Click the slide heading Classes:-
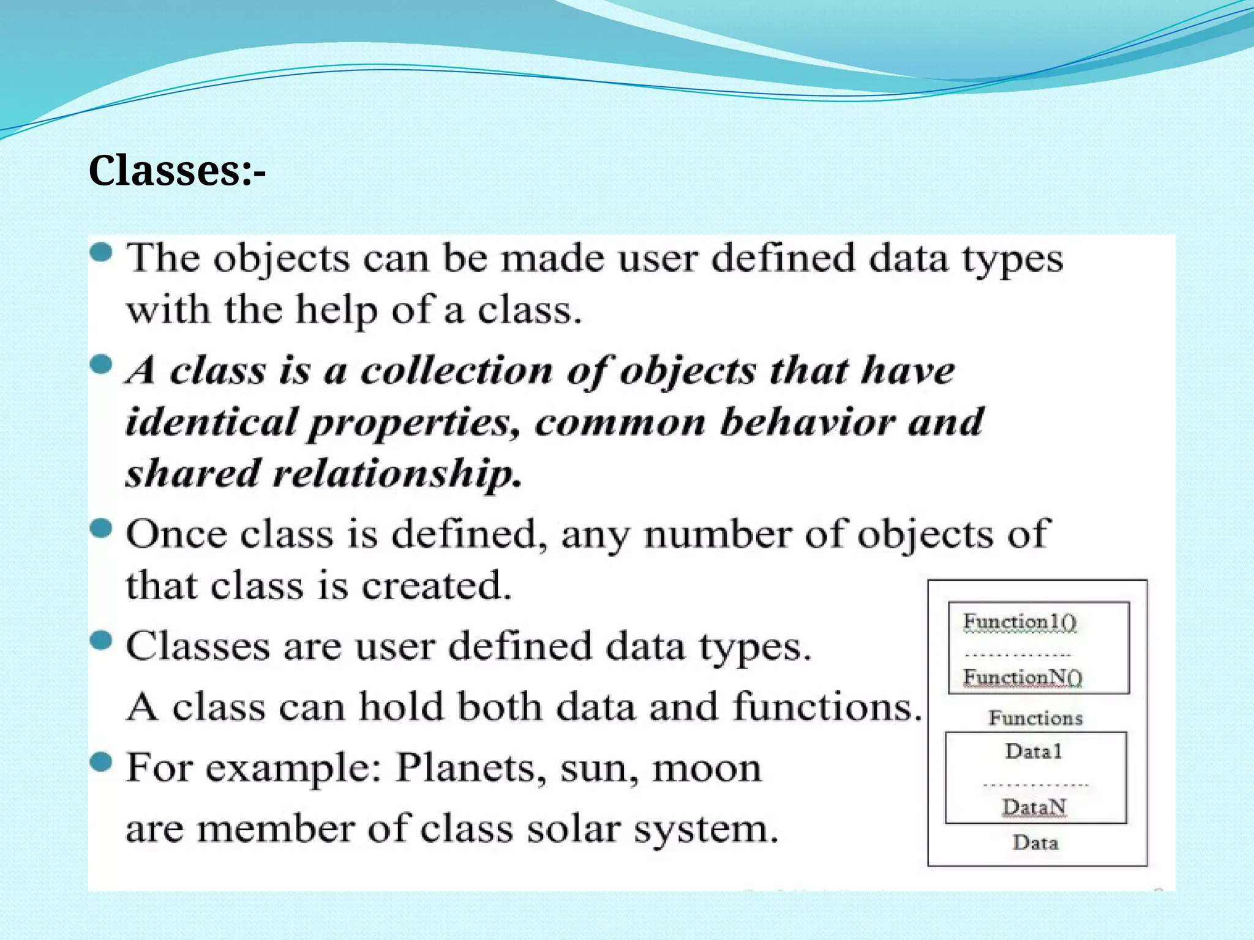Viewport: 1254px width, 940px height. [177, 171]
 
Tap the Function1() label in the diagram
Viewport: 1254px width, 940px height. [1019, 622]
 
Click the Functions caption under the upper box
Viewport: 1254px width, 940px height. [1035, 718]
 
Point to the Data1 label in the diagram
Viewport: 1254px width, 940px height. [1034, 751]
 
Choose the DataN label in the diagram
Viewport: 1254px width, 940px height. [1034, 807]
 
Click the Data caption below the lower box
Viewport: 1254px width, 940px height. [1035, 843]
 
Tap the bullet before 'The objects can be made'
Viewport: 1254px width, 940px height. [102, 252]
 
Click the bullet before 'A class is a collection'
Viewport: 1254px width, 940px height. [102, 365]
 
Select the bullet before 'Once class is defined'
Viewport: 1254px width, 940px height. [102, 528]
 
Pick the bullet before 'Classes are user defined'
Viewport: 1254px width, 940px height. [102, 641]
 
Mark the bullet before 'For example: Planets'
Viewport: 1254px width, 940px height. [102, 763]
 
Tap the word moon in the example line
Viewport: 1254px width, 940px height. [707, 769]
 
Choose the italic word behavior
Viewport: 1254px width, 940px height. [807, 422]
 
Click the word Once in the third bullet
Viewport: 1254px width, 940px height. [176, 534]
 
